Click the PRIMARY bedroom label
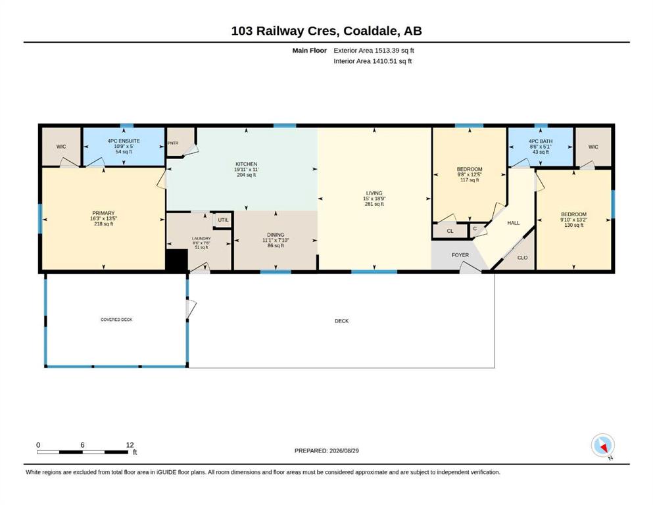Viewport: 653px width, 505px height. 103,213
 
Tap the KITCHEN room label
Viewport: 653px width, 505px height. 247,164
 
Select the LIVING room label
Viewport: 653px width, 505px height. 374,193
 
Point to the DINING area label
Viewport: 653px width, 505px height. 276,235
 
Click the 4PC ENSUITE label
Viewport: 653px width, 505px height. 124,141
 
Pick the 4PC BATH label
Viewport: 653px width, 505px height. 541,141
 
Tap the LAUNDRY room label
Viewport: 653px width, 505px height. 201,239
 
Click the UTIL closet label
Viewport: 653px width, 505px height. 223,220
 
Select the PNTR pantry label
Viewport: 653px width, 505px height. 173,143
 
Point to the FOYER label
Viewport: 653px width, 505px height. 460,254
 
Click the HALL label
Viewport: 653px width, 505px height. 514,223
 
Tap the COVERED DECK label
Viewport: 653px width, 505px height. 116,320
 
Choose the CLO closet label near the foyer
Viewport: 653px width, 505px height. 522,258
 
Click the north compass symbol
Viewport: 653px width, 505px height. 602,446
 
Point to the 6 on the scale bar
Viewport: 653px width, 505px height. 82,445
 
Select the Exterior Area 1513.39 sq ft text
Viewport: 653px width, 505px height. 374,51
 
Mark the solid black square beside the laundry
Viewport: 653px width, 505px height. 177,261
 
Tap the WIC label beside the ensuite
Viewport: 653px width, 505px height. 61,147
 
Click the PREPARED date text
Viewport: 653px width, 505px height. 326,450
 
